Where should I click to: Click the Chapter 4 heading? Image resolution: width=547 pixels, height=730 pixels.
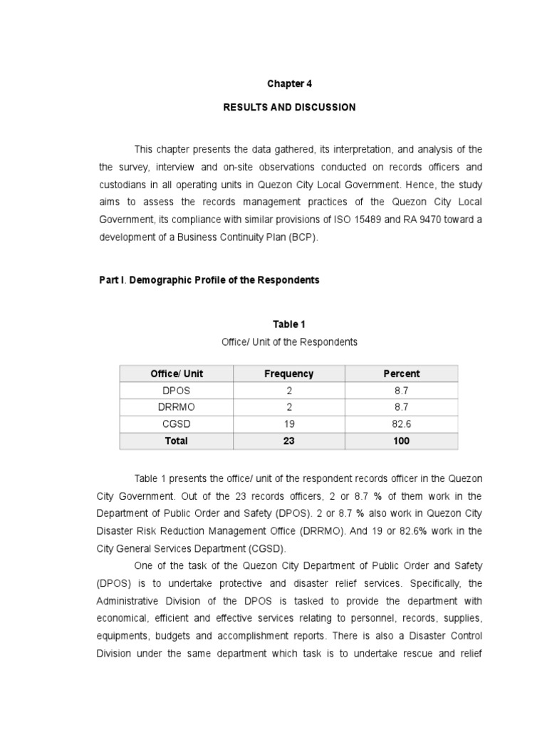click(289, 83)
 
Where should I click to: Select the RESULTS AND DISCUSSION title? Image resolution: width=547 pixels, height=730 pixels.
click(289, 108)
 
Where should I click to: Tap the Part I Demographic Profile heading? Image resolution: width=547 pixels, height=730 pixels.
click(209, 280)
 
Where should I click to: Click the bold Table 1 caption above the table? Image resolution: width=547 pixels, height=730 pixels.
click(289, 324)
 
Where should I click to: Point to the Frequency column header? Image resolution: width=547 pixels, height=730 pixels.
click(288, 374)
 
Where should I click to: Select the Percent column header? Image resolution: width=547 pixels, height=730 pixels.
click(401, 374)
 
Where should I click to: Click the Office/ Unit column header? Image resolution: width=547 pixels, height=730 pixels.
click(176, 374)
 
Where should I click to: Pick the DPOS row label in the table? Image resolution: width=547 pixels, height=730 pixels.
click(176, 391)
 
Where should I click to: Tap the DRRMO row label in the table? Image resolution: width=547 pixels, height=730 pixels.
click(176, 407)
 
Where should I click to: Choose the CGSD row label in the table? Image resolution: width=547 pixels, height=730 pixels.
click(176, 424)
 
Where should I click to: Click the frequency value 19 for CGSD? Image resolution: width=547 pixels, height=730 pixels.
click(288, 424)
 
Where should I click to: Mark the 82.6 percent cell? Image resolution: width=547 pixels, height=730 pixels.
click(401, 424)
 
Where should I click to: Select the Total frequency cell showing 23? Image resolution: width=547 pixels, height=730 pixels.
click(288, 441)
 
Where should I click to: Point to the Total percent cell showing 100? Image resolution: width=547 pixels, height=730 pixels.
click(401, 441)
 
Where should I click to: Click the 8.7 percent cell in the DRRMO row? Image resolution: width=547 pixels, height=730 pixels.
click(401, 407)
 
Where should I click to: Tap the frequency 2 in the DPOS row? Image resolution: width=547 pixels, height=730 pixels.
click(288, 391)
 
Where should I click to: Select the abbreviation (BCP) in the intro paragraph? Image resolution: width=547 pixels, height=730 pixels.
click(303, 237)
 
